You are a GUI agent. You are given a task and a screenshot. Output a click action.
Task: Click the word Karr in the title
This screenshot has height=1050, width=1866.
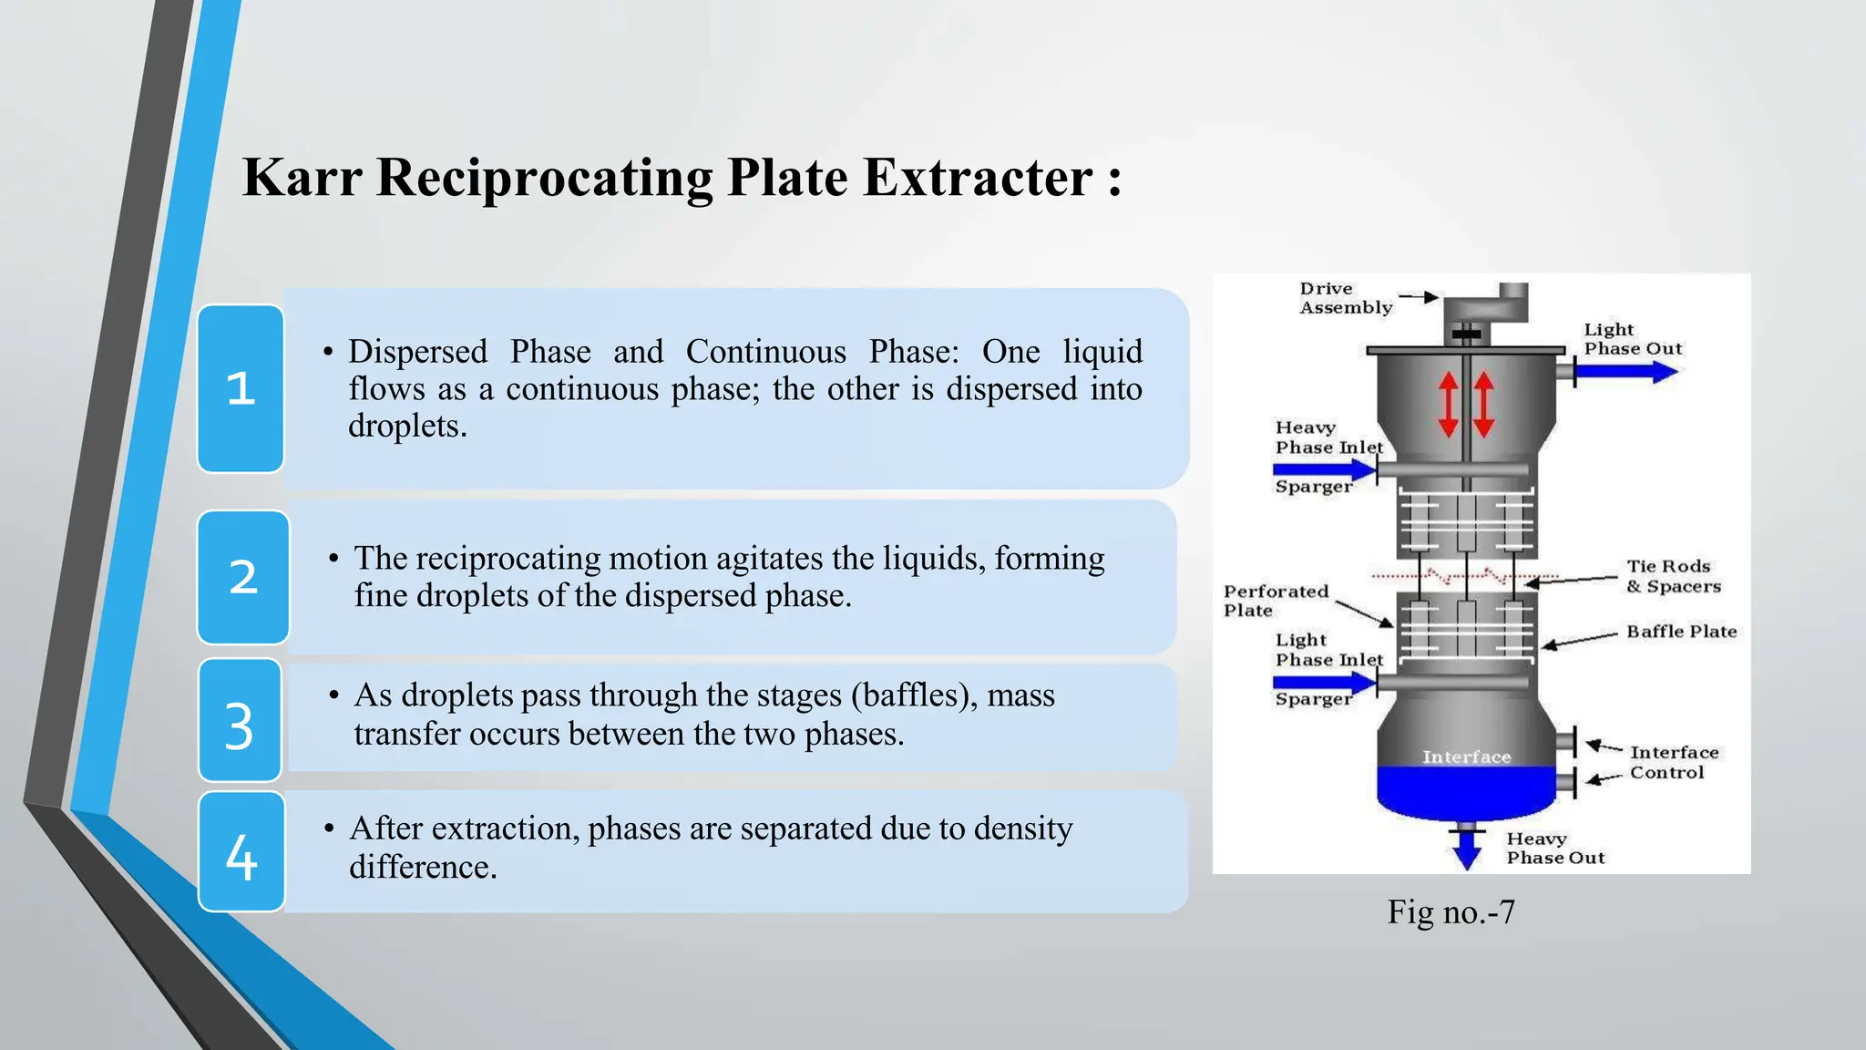pos(302,177)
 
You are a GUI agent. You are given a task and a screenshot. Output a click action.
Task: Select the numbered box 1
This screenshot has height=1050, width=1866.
pos(241,388)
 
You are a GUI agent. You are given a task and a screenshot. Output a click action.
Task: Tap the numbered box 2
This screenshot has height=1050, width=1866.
pos(243,577)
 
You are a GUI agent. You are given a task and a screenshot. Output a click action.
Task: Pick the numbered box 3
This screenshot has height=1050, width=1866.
pos(240,720)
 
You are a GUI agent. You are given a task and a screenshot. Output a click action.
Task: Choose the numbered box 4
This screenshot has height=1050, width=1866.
pos(241,851)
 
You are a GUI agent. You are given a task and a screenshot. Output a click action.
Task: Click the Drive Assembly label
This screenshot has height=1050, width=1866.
pos(1346,298)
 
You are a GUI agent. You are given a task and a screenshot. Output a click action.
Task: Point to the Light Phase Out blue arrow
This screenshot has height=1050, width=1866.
pos(1626,372)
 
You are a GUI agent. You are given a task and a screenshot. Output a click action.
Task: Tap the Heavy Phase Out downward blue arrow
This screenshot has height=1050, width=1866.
pos(1467,849)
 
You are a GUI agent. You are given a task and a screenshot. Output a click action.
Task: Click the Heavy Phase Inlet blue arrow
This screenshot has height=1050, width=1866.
pos(1325,470)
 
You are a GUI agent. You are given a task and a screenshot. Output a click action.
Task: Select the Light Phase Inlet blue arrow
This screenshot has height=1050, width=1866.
pos(1325,682)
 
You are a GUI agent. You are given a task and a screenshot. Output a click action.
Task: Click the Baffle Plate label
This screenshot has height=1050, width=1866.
pos(1682,632)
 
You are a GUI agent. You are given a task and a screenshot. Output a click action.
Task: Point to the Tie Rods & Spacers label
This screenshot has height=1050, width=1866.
pos(1674,576)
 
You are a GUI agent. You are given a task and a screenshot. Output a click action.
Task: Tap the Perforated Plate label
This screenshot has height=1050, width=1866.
pos(1276,601)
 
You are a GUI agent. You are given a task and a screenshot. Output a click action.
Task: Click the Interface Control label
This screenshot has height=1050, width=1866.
pos(1674,762)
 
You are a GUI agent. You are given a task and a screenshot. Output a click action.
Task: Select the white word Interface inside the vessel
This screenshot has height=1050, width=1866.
pos(1466,757)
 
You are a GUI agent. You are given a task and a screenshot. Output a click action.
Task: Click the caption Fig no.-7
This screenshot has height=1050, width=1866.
pos(1451,911)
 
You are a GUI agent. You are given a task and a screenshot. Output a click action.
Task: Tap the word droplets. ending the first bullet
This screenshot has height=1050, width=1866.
pos(407,426)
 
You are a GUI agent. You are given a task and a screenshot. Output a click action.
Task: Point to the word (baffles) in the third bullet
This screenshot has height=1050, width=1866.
pos(910,695)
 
